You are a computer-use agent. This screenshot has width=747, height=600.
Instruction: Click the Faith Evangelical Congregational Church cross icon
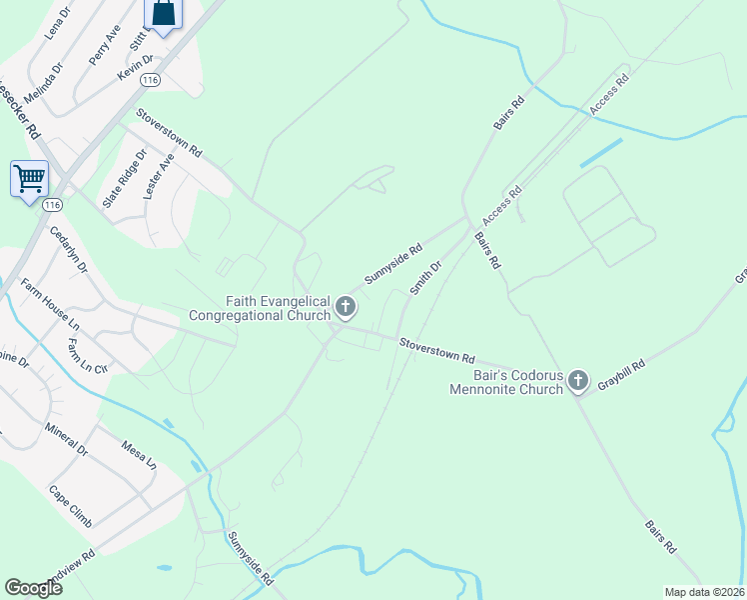(x=347, y=306)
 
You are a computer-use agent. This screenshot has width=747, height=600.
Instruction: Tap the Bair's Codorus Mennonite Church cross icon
(x=577, y=380)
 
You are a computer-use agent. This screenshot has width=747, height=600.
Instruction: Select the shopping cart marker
(x=29, y=180)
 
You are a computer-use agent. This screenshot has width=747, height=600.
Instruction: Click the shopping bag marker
(x=163, y=13)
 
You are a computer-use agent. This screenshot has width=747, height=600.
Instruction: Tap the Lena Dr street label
(x=58, y=23)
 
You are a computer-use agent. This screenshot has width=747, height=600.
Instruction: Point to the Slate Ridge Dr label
(x=124, y=179)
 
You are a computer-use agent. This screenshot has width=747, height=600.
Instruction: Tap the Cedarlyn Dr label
(x=69, y=250)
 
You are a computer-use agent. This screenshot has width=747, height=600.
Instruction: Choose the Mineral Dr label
(x=67, y=439)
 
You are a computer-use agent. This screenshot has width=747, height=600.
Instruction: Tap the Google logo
(x=34, y=588)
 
